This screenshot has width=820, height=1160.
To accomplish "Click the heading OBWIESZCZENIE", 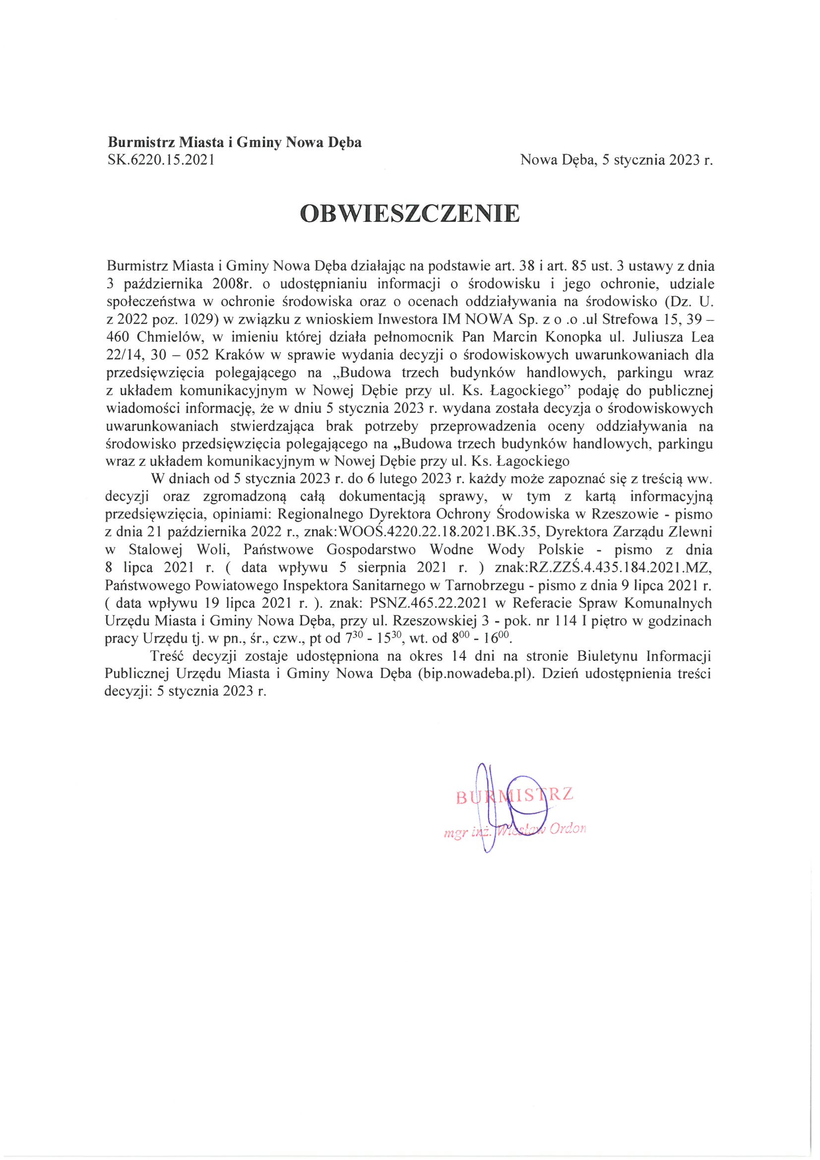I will [x=410, y=214].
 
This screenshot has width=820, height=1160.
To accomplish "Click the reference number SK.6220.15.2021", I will [x=161, y=160].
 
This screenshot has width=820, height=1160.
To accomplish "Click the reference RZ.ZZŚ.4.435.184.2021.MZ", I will [x=620, y=568].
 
